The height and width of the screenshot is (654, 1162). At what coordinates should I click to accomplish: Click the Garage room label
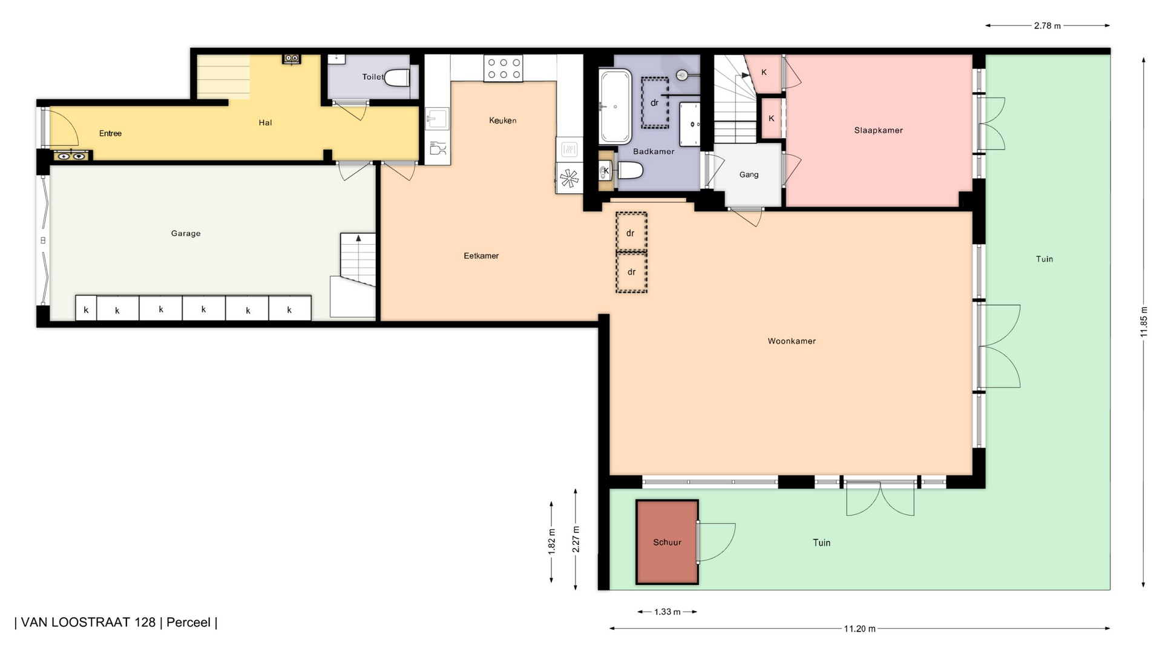[x=186, y=233]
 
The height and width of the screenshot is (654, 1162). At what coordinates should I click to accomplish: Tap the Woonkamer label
[x=792, y=341]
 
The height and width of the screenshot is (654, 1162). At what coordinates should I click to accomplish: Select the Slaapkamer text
[x=879, y=130]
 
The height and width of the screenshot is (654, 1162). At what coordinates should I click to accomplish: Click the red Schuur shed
[x=667, y=542]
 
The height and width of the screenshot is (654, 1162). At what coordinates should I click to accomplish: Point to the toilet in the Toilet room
[x=397, y=78]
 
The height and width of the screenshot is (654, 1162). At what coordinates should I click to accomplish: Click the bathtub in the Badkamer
[x=615, y=107]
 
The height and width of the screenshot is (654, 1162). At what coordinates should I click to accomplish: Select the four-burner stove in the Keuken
[x=503, y=68]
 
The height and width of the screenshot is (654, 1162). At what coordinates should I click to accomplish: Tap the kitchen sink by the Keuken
[x=438, y=118]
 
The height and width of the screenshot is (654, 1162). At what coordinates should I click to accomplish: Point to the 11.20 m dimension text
[x=860, y=629]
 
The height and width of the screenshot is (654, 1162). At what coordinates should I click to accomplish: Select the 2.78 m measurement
[x=1048, y=26]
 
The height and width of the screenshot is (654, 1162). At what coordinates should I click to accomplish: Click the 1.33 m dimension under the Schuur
[x=668, y=612]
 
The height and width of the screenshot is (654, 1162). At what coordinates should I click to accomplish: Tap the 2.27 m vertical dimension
[x=576, y=539]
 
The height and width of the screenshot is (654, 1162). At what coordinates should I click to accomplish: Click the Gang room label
[x=749, y=174]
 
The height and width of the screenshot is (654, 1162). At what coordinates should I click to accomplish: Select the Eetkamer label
[x=481, y=256]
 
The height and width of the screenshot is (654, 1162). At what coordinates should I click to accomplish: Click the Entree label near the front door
[x=110, y=133]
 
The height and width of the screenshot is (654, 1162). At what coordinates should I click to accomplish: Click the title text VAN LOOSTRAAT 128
[x=88, y=623]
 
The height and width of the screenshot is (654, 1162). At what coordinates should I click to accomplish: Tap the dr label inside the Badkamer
[x=654, y=103]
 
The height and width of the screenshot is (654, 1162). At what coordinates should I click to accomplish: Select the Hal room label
[x=265, y=122]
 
